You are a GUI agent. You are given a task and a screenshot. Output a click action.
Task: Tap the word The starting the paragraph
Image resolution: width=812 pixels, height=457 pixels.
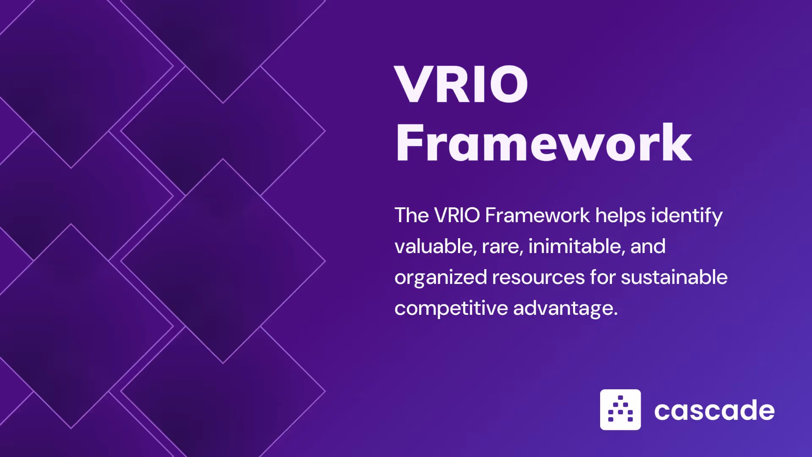(x=411, y=215)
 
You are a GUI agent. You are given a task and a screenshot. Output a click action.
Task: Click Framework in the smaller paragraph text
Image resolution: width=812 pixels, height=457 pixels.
(x=537, y=215)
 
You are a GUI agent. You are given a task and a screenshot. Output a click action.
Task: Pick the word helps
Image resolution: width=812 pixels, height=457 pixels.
(x=620, y=216)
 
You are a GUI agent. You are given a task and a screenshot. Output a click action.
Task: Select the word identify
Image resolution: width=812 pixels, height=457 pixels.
(x=687, y=216)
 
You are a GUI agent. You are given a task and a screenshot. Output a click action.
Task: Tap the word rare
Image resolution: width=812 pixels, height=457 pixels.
(x=502, y=247)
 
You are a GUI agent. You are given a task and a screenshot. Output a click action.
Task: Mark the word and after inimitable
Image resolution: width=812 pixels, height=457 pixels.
(x=648, y=246)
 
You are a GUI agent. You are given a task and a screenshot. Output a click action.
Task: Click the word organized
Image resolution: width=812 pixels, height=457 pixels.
(x=441, y=278)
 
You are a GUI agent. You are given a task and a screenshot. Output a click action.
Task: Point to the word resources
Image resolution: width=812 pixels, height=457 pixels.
(x=538, y=278)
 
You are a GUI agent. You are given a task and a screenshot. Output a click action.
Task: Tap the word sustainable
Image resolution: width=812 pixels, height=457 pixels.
(x=674, y=277)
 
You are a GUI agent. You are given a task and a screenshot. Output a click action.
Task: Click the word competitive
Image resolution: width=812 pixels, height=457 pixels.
(x=451, y=308)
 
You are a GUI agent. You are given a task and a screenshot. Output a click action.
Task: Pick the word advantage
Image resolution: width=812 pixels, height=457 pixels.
(x=565, y=308)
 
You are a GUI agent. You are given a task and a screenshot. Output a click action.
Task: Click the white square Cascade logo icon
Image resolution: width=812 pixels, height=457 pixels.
(x=620, y=410)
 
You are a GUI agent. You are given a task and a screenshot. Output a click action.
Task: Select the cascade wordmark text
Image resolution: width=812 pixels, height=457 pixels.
(x=714, y=410)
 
